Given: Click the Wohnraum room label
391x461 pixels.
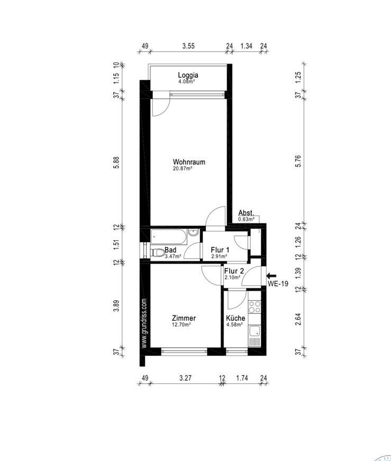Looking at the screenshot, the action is coord(189,162).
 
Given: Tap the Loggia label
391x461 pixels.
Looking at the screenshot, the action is coord(188,75).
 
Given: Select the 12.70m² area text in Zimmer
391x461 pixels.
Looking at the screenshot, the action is coord(181,324).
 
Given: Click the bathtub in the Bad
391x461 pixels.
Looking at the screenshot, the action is coord(169,237).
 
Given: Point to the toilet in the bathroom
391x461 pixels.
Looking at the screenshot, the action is coord(158,252).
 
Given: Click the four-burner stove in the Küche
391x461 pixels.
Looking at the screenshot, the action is coord(254,307).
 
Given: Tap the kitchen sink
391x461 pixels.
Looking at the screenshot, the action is coord(254,331).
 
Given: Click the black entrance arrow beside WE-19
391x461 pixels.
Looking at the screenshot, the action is coord(271,276).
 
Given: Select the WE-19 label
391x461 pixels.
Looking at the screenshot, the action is coord(278,284).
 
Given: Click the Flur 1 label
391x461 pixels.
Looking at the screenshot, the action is coord(220,250).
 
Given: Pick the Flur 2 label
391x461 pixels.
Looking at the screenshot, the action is coord(234,271).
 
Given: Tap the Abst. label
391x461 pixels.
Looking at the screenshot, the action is coord(246,213).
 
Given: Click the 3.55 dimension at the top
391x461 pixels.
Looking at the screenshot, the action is coord(188,46).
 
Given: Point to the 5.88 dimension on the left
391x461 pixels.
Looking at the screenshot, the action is coord(117,162).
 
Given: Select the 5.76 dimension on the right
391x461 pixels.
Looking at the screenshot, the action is coord(298,161).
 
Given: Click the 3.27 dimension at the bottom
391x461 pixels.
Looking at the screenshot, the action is coord(185,378).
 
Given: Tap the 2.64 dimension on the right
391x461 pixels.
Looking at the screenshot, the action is coord(298,319).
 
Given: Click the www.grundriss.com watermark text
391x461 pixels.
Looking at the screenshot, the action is coord(144,324).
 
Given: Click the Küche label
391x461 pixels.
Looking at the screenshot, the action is coord(235,318).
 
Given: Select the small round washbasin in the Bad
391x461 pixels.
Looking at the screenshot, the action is coord(193,232).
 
